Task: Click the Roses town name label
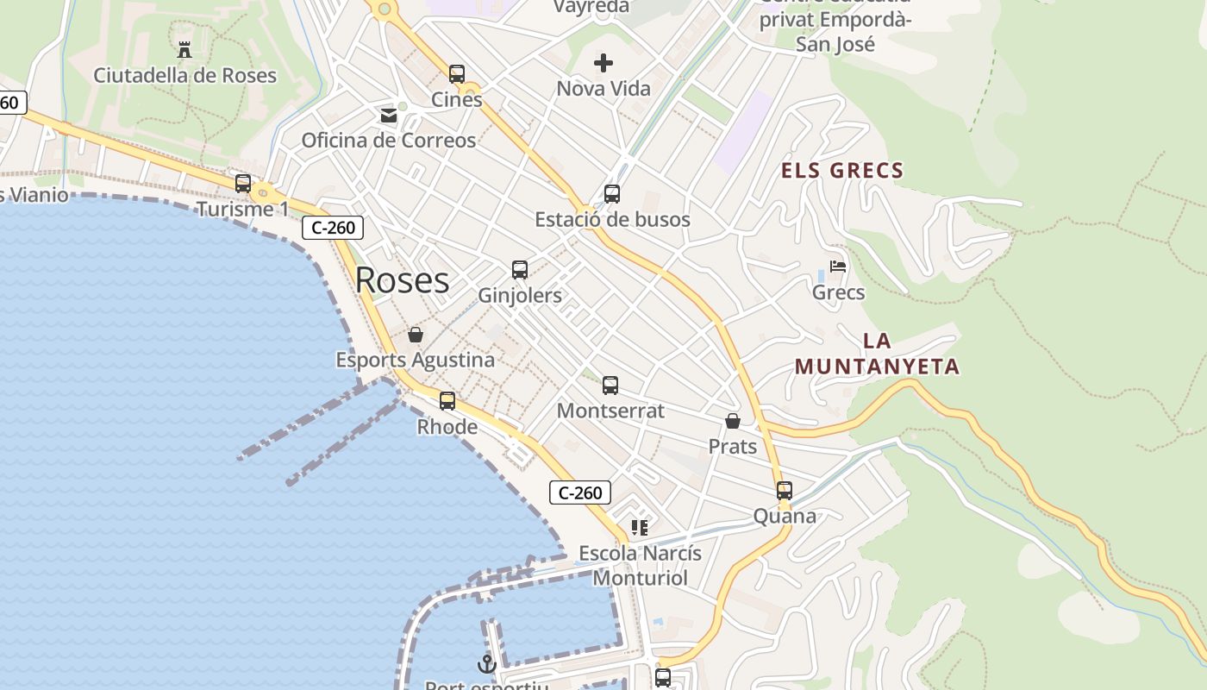coord(402,280)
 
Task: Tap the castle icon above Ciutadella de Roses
coord(184,49)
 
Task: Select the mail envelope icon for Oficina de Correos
coord(389,115)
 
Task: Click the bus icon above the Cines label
coord(457,74)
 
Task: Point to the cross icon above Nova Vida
coord(603,62)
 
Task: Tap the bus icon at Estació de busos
coord(612,194)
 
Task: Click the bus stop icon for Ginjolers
coord(520,270)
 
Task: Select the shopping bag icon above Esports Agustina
coord(416,335)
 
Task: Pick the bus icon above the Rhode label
coord(447,401)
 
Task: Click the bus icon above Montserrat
coord(610,386)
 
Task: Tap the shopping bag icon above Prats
coord(733,421)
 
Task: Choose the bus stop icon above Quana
coord(785,491)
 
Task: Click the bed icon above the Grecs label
coord(838,267)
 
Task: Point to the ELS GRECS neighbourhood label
coord(842,171)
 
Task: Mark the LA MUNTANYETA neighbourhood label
coord(877,354)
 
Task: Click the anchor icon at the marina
coord(487,664)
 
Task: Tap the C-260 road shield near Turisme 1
coord(333,229)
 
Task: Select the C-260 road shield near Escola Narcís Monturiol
coord(580,493)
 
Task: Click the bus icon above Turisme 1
coord(243,184)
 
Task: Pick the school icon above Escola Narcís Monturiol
coord(639,527)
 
